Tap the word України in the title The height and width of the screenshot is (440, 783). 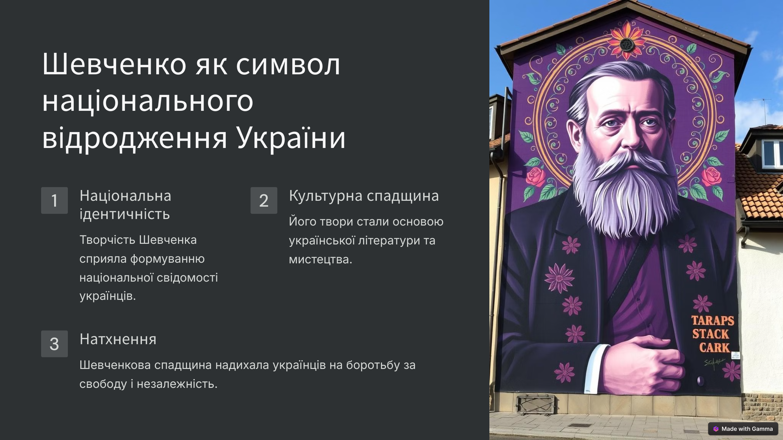[290, 138]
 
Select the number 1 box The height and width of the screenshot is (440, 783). [54, 200]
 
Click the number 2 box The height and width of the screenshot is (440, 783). [264, 200]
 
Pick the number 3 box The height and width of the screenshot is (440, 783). [54, 344]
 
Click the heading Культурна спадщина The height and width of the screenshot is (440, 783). [364, 196]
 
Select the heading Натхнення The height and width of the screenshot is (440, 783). [118, 340]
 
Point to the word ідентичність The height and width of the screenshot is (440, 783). [125, 214]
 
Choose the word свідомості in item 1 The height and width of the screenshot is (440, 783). [187, 278]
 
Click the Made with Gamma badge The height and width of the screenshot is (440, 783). [743, 429]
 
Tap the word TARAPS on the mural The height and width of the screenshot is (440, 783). [713, 321]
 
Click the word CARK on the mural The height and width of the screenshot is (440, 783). [714, 348]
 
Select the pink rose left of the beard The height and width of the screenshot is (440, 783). [535, 177]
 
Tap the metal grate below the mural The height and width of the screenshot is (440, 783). [536, 404]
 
